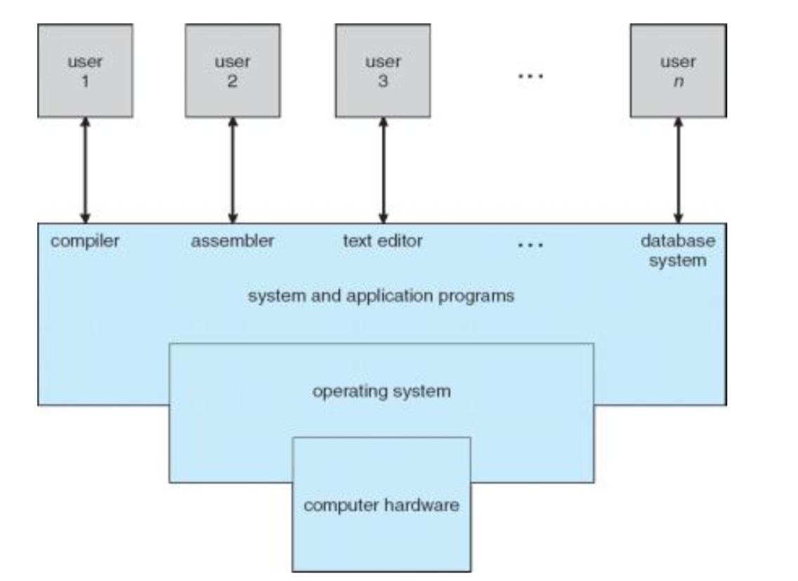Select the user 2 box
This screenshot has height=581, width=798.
(233, 70)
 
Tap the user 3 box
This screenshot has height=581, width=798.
(383, 70)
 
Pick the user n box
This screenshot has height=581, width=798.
(678, 70)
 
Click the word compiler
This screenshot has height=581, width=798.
(86, 241)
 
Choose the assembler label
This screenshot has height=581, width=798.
(233, 241)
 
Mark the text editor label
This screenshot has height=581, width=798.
(383, 241)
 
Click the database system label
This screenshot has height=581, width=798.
(678, 250)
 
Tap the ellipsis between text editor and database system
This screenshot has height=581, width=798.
(531, 245)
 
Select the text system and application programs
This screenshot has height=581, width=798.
(381, 295)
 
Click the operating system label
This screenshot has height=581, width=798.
(381, 390)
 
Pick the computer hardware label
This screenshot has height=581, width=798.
(381, 505)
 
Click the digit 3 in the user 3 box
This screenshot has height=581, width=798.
(383, 81)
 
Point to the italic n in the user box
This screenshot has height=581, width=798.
(678, 81)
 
